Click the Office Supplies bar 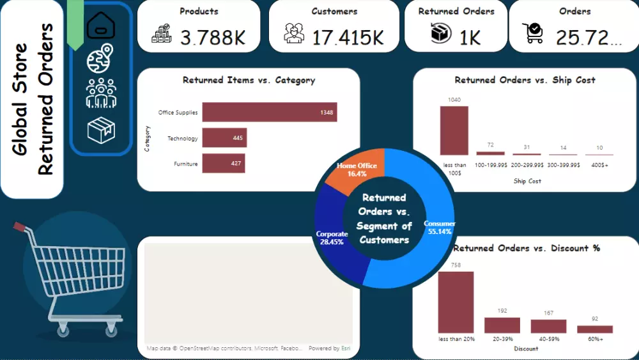[x=269, y=113]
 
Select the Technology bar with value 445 [x=224, y=138]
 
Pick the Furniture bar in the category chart [x=223, y=164]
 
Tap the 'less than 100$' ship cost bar [x=454, y=130]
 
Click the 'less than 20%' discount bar [x=456, y=302]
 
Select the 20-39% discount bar [x=502, y=325]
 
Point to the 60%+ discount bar [x=594, y=329]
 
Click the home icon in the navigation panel [x=101, y=26]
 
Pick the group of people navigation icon [x=101, y=93]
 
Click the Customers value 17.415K [x=348, y=37]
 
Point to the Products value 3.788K [x=213, y=37]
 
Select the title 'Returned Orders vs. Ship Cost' [x=525, y=81]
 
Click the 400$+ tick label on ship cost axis [x=599, y=165]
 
